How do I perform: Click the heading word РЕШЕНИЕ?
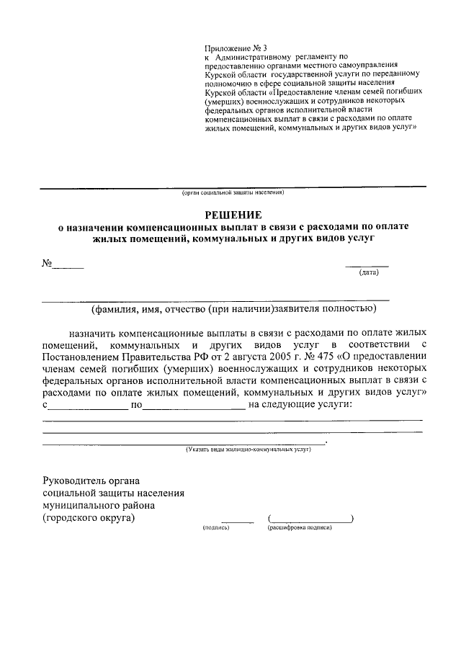point(233,214)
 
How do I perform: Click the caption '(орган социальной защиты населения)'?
point(233,193)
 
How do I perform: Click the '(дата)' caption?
point(368,272)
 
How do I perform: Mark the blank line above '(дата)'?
point(368,265)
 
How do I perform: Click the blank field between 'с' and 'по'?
point(87,406)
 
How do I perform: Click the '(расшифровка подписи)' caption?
point(300,528)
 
